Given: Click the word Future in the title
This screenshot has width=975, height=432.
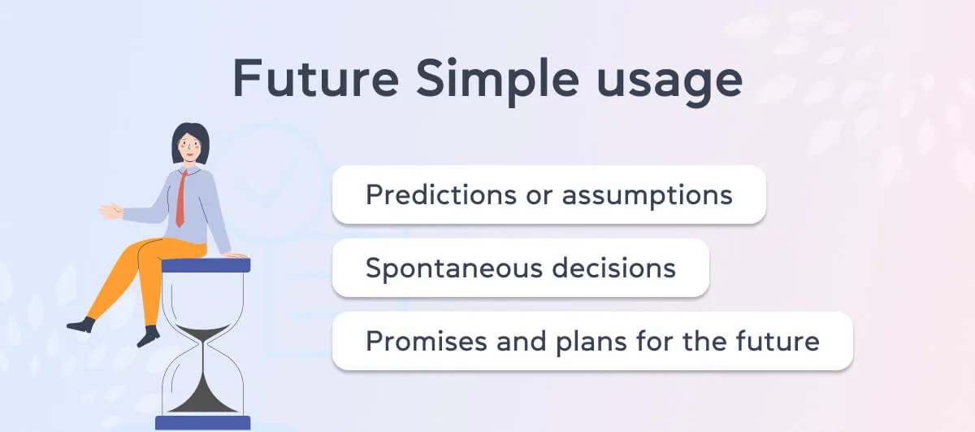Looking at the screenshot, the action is (x=315, y=78).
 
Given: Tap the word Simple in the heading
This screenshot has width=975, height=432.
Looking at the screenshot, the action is (x=497, y=82).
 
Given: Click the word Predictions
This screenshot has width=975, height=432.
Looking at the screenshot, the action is (x=441, y=194).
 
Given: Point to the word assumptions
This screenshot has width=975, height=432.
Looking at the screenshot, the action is (x=648, y=196).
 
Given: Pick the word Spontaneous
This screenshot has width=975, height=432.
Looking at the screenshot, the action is (x=454, y=268).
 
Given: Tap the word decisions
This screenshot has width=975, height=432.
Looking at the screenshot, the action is (x=613, y=267).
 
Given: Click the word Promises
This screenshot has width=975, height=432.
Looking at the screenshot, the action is (x=426, y=341).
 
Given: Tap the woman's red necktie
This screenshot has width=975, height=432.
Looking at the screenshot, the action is (x=181, y=199).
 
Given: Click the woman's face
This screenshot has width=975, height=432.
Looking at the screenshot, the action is (x=190, y=147).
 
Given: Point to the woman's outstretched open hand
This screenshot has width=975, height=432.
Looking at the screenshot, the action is (x=110, y=211).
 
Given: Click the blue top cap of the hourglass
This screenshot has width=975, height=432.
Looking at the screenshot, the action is (x=206, y=265).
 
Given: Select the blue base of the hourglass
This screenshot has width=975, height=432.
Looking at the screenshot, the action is (x=203, y=423).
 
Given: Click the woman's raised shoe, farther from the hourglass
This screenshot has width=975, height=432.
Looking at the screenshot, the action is (x=81, y=325).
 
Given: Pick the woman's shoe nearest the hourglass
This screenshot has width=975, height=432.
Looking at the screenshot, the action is (x=149, y=336).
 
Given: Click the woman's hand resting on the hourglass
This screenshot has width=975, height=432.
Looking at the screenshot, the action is (x=236, y=256).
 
